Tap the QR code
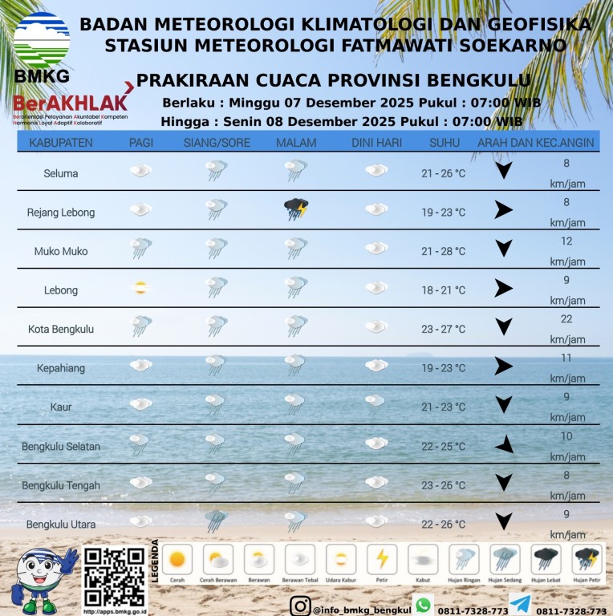point(115,577)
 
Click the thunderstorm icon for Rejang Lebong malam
point(296,210)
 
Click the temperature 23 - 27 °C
point(443,329)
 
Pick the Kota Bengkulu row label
point(61,329)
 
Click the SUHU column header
point(444,143)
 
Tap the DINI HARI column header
point(376,143)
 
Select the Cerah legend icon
point(177,558)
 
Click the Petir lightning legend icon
point(382,558)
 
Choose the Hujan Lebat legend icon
point(546,558)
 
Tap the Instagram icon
point(300,607)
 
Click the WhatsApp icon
point(423,604)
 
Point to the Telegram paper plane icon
point(519,604)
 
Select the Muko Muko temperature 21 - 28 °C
point(443,251)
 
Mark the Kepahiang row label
point(60,368)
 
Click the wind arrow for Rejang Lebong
point(503,210)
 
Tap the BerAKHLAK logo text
point(70,103)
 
